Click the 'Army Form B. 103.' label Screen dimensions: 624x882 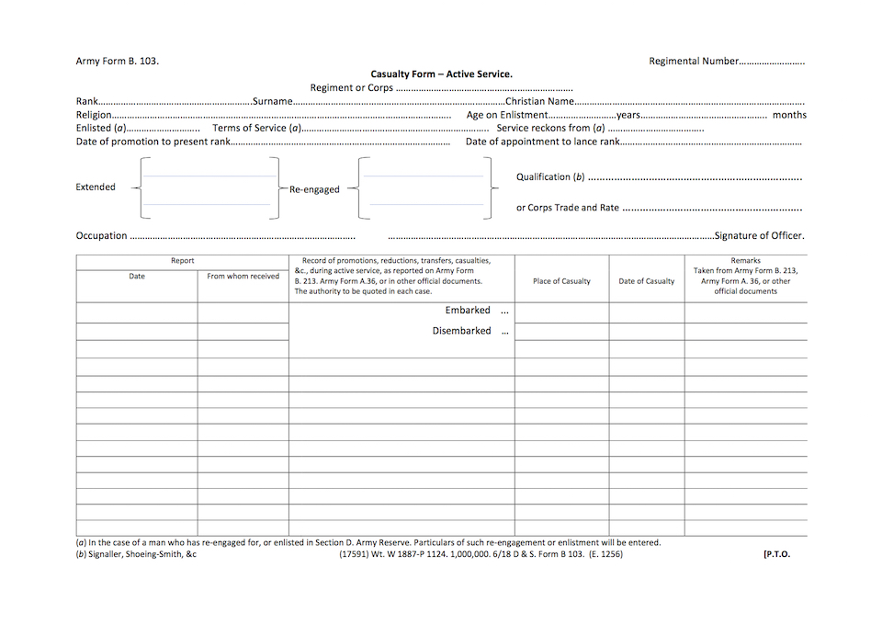tap(117, 62)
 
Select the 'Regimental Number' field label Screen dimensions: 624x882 tap(693, 62)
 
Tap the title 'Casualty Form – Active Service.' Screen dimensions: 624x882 tap(441, 74)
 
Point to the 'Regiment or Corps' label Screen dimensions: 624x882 tap(352, 88)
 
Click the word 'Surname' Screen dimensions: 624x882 tap(272, 101)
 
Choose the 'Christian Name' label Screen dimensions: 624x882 tap(540, 101)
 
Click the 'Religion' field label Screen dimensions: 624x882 tap(94, 115)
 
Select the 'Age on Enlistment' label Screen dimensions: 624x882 tap(507, 115)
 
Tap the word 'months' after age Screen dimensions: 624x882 tap(789, 115)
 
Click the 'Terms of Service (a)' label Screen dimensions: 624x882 tap(257, 129)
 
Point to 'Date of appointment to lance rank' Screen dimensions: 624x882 tap(542, 142)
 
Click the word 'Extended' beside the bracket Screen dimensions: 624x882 tap(96, 187)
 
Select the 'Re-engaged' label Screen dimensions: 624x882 tap(314, 189)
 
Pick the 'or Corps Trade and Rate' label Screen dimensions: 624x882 tap(568, 208)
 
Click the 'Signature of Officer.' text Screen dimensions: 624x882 tap(759, 236)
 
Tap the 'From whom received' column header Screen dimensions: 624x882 tap(243, 277)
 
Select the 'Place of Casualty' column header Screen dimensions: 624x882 tap(561, 281)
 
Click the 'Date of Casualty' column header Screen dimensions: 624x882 tap(646, 281)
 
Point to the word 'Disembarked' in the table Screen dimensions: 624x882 tap(461, 331)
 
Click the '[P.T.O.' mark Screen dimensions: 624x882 tap(776, 554)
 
